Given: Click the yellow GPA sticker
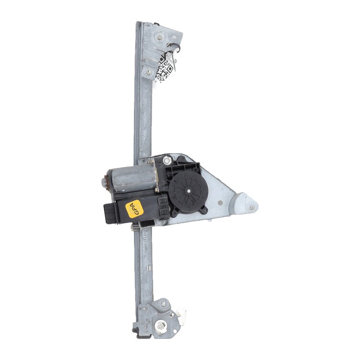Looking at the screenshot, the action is [134, 209].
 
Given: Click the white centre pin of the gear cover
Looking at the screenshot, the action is [189, 191].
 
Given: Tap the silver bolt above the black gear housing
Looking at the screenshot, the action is [167, 160].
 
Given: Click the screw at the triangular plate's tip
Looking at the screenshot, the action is [252, 208].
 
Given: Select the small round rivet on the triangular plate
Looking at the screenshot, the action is [220, 203].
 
